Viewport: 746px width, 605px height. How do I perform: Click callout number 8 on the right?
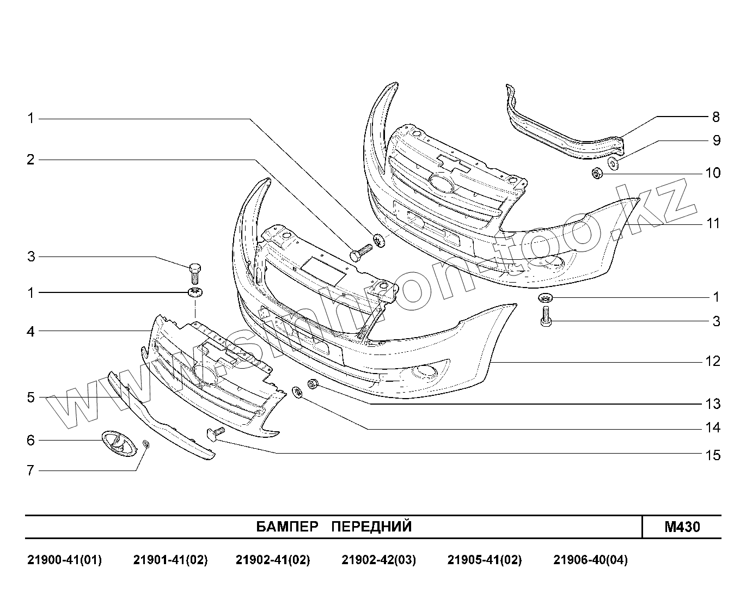(x=716, y=117)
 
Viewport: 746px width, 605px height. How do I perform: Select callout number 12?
(x=713, y=362)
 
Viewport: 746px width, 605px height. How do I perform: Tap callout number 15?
(x=713, y=455)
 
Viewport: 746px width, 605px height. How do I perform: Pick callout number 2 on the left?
(x=31, y=160)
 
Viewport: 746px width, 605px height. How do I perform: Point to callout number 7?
(x=31, y=470)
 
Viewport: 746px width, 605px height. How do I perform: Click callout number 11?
(x=713, y=224)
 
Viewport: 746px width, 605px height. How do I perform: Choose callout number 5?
(x=31, y=398)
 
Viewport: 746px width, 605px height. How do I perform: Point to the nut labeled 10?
(x=596, y=174)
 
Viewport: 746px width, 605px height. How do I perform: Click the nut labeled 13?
(x=313, y=384)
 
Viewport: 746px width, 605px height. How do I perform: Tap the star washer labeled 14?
(x=298, y=392)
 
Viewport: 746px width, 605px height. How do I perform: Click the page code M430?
(x=682, y=527)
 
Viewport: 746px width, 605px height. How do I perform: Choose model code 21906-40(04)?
(x=590, y=560)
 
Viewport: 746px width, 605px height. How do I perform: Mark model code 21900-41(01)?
(x=64, y=560)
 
